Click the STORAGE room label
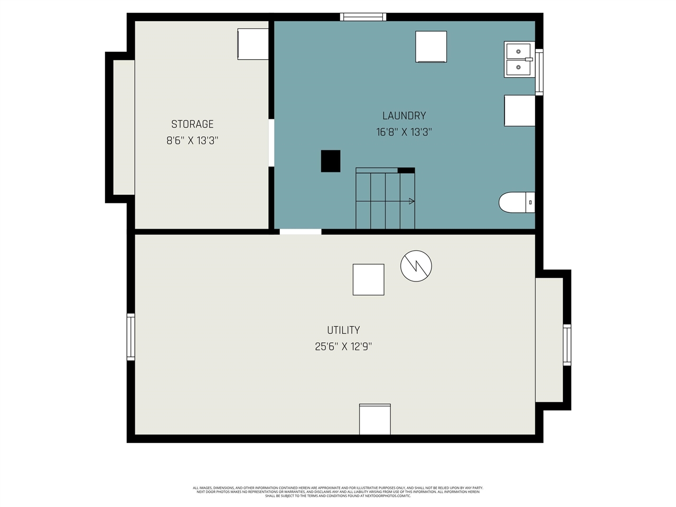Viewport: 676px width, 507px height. pyautogui.click(x=192, y=124)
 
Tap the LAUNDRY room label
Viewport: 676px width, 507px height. pyautogui.click(x=404, y=116)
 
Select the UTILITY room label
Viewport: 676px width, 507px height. pyautogui.click(x=343, y=330)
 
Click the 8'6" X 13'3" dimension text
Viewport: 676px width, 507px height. pyautogui.click(x=192, y=140)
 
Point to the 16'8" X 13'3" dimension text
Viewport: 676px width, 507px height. pyautogui.click(x=404, y=132)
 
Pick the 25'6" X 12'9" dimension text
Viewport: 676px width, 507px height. pyautogui.click(x=343, y=346)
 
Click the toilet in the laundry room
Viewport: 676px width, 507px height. pyautogui.click(x=517, y=202)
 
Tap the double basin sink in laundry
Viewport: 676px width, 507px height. pyautogui.click(x=518, y=60)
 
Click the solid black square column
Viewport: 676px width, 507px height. pyautogui.click(x=331, y=161)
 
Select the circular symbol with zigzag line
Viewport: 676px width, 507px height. pyautogui.click(x=416, y=266)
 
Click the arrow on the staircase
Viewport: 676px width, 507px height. pyautogui.click(x=411, y=201)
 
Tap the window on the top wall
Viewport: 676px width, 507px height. pyautogui.click(x=363, y=17)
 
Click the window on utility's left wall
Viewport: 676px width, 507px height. pyautogui.click(x=130, y=337)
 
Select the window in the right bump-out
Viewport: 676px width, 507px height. pyautogui.click(x=567, y=345)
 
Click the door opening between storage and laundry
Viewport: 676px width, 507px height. pyautogui.click(x=271, y=143)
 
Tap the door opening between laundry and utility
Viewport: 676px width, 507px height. pyautogui.click(x=301, y=231)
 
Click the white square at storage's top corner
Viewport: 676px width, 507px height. pyautogui.click(x=253, y=44)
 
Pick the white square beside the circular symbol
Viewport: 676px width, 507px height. pyautogui.click(x=368, y=279)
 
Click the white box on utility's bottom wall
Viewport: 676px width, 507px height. pyautogui.click(x=375, y=419)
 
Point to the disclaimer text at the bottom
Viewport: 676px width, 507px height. pyautogui.click(x=338, y=492)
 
